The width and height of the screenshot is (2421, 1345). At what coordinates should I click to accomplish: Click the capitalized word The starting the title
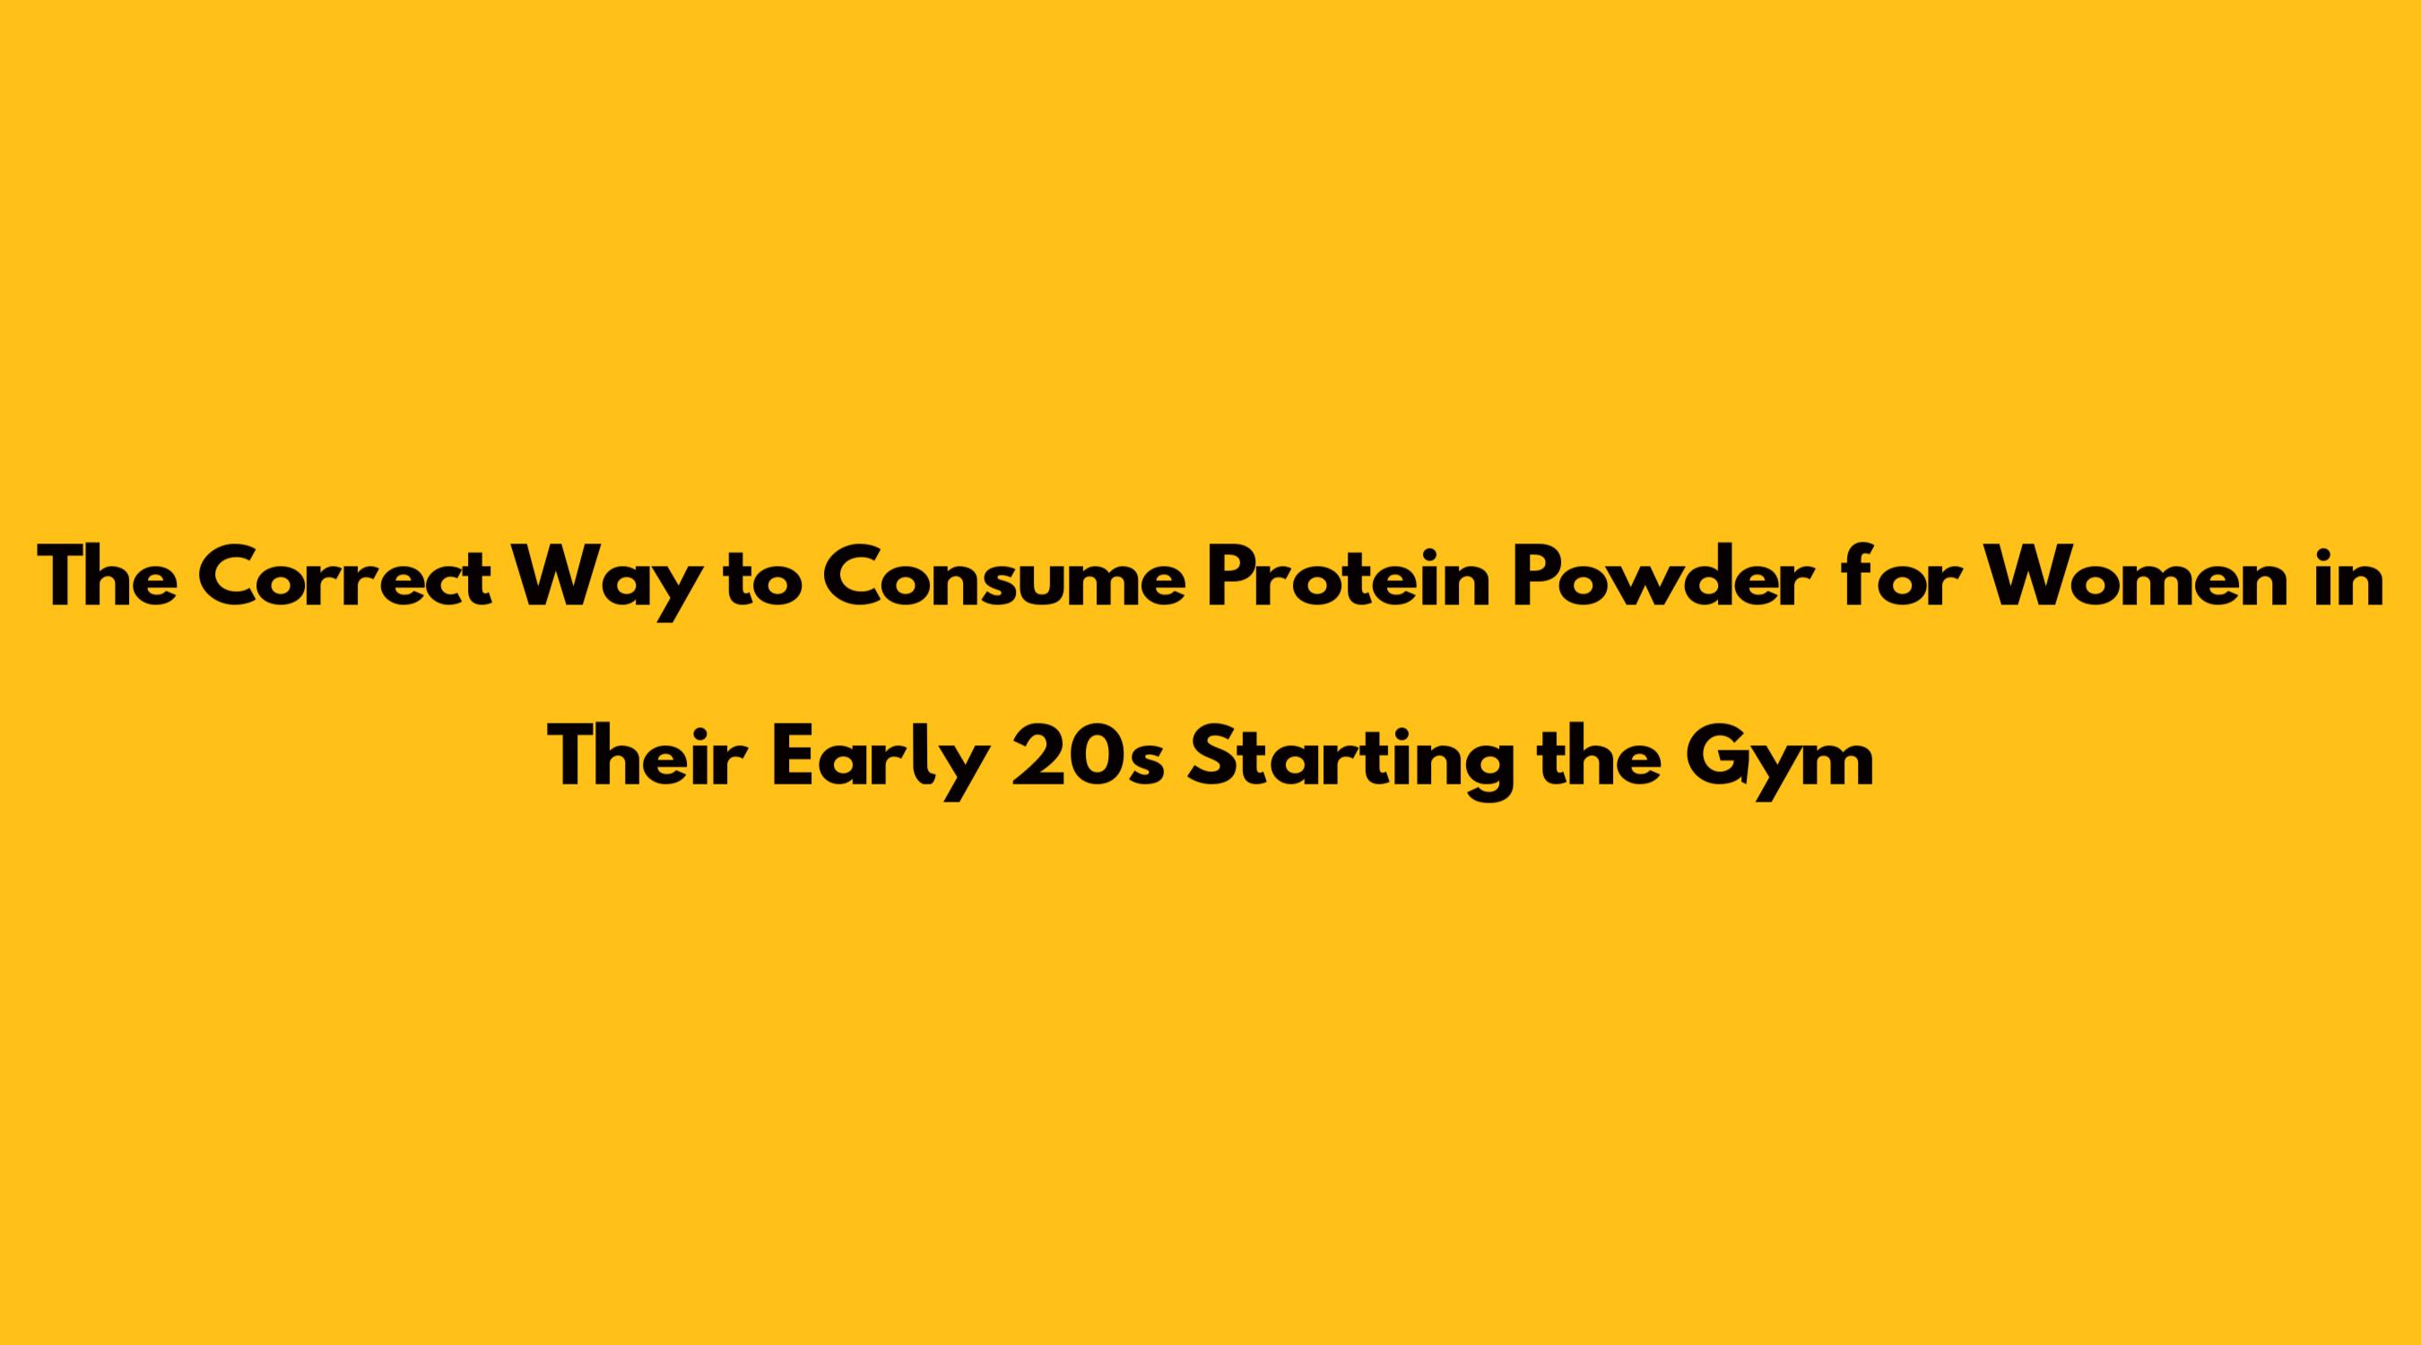[x=107, y=577]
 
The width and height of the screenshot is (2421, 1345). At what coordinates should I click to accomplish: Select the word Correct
[x=345, y=577]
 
